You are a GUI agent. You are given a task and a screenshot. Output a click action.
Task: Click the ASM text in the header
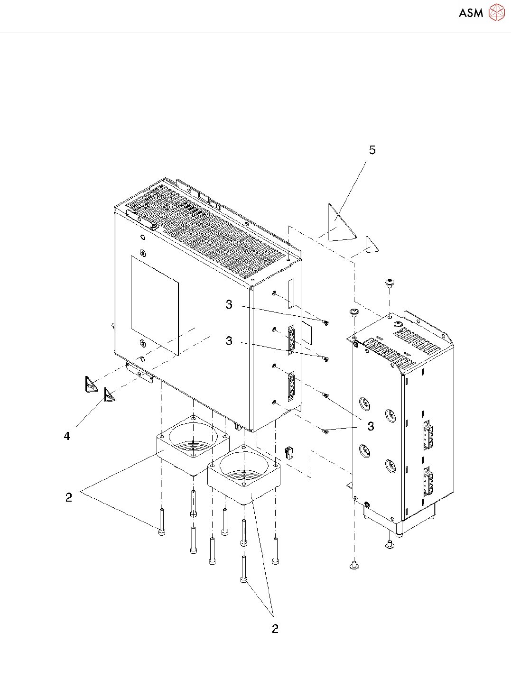click(x=471, y=13)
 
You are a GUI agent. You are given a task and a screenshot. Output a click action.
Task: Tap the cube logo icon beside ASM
click(x=497, y=13)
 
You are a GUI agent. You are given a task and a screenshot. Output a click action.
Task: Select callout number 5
click(x=372, y=150)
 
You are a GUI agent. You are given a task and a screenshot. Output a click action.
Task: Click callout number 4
click(x=67, y=436)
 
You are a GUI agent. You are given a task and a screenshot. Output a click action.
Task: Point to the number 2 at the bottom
click(x=275, y=629)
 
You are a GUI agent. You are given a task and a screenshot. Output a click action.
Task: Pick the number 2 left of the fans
click(x=69, y=497)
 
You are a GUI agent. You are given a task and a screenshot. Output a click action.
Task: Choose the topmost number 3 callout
click(x=229, y=304)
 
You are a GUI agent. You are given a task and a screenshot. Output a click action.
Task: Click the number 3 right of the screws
click(x=371, y=426)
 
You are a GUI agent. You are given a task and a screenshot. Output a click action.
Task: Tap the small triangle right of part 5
click(x=371, y=245)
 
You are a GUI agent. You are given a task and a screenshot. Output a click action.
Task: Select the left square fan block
click(x=192, y=445)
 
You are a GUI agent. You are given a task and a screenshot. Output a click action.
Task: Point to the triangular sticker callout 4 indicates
click(x=109, y=394)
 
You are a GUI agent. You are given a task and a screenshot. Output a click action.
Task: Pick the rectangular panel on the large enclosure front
click(x=155, y=303)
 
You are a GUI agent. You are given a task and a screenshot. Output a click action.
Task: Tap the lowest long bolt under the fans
click(x=244, y=569)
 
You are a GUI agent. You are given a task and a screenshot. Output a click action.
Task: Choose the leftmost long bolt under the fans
click(x=162, y=522)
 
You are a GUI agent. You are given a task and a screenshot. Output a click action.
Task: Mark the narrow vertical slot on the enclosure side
click(x=290, y=293)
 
